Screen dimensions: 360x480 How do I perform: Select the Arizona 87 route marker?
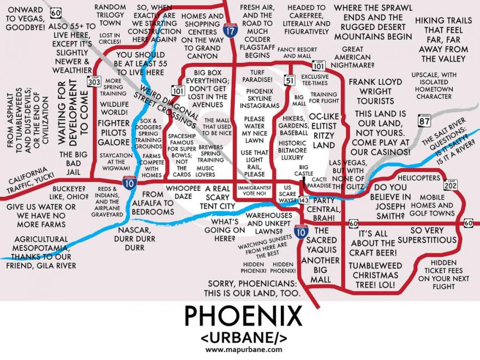(424, 120)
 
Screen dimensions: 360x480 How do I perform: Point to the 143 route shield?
(304, 200)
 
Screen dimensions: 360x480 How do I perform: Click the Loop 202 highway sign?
(450, 184)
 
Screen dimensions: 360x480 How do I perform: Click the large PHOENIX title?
(243, 316)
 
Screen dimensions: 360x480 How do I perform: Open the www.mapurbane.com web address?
(244, 349)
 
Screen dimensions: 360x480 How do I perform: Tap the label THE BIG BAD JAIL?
(70, 163)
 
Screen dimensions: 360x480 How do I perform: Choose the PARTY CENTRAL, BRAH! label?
(324, 209)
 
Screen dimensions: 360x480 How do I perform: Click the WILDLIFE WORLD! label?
(114, 108)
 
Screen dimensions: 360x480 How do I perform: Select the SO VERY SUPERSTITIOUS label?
(427, 235)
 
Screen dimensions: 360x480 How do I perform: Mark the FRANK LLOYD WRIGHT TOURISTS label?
(375, 91)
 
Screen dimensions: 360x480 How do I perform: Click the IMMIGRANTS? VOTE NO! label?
(254, 190)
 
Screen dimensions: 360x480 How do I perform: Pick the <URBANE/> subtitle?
(244, 338)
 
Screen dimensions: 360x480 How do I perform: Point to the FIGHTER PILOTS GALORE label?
(114, 132)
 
